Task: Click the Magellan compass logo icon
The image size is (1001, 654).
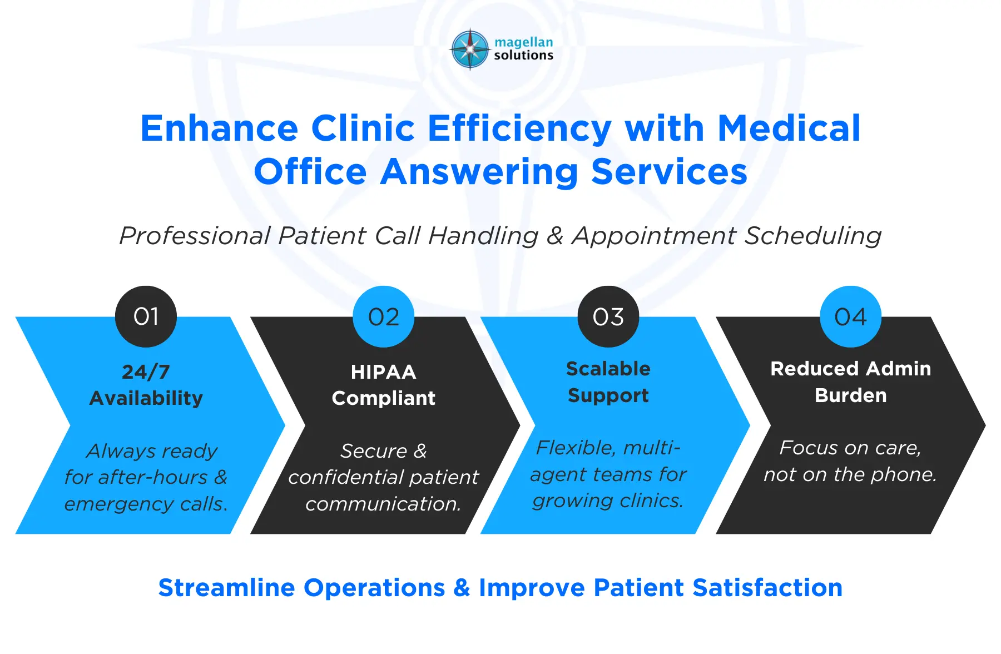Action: coord(470,49)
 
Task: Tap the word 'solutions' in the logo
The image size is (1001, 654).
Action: coord(523,56)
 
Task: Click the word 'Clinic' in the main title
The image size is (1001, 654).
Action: coord(363,128)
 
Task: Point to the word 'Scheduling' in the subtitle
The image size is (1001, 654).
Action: coord(812,236)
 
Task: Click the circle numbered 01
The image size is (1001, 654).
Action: coord(146,316)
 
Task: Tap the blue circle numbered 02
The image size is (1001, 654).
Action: coord(384,316)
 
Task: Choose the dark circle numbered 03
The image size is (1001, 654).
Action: coord(608,316)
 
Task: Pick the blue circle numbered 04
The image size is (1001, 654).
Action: coord(850,316)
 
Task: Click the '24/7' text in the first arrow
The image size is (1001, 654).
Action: coord(146,371)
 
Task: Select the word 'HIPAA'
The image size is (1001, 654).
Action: coord(384,371)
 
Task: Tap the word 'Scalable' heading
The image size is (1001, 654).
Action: coord(608,369)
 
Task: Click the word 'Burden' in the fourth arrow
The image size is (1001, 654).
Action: coord(850,395)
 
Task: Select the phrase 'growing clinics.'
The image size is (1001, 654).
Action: coord(608,501)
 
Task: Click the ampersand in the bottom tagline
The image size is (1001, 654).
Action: coord(462,588)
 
